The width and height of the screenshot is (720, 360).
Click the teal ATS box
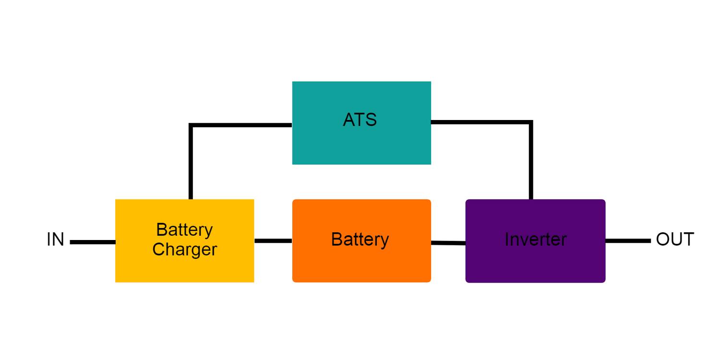pyautogui.click(x=361, y=144)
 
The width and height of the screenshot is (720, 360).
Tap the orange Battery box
pyautogui.click(x=361, y=264)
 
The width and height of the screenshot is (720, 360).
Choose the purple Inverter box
pyautogui.click(x=535, y=264)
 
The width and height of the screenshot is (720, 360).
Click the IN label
pyautogui.click(x=55, y=240)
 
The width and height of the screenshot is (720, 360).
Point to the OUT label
pyautogui.click(x=674, y=240)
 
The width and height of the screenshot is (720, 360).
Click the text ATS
pyautogui.click(x=360, y=120)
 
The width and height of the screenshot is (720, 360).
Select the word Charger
pyautogui.click(x=184, y=250)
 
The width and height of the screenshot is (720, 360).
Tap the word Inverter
pyautogui.click(x=535, y=240)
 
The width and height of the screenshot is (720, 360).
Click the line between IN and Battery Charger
pyautogui.click(x=93, y=242)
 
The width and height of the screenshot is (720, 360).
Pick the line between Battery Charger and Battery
pyautogui.click(x=273, y=240)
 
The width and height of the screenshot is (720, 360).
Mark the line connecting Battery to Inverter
pyautogui.click(x=448, y=243)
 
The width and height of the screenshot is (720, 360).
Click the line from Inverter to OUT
pyautogui.click(x=628, y=240)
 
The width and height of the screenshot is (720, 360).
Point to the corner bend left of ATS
pyautogui.click(x=191, y=125)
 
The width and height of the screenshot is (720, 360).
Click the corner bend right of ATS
pyautogui.click(x=531, y=122)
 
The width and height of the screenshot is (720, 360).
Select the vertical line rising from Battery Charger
pyautogui.click(x=191, y=163)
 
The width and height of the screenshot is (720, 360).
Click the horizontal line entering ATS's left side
pyautogui.click(x=240, y=125)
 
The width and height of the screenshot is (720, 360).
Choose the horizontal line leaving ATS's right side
pyautogui.click(x=480, y=122)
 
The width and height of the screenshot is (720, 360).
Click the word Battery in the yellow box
pyautogui.click(x=184, y=229)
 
